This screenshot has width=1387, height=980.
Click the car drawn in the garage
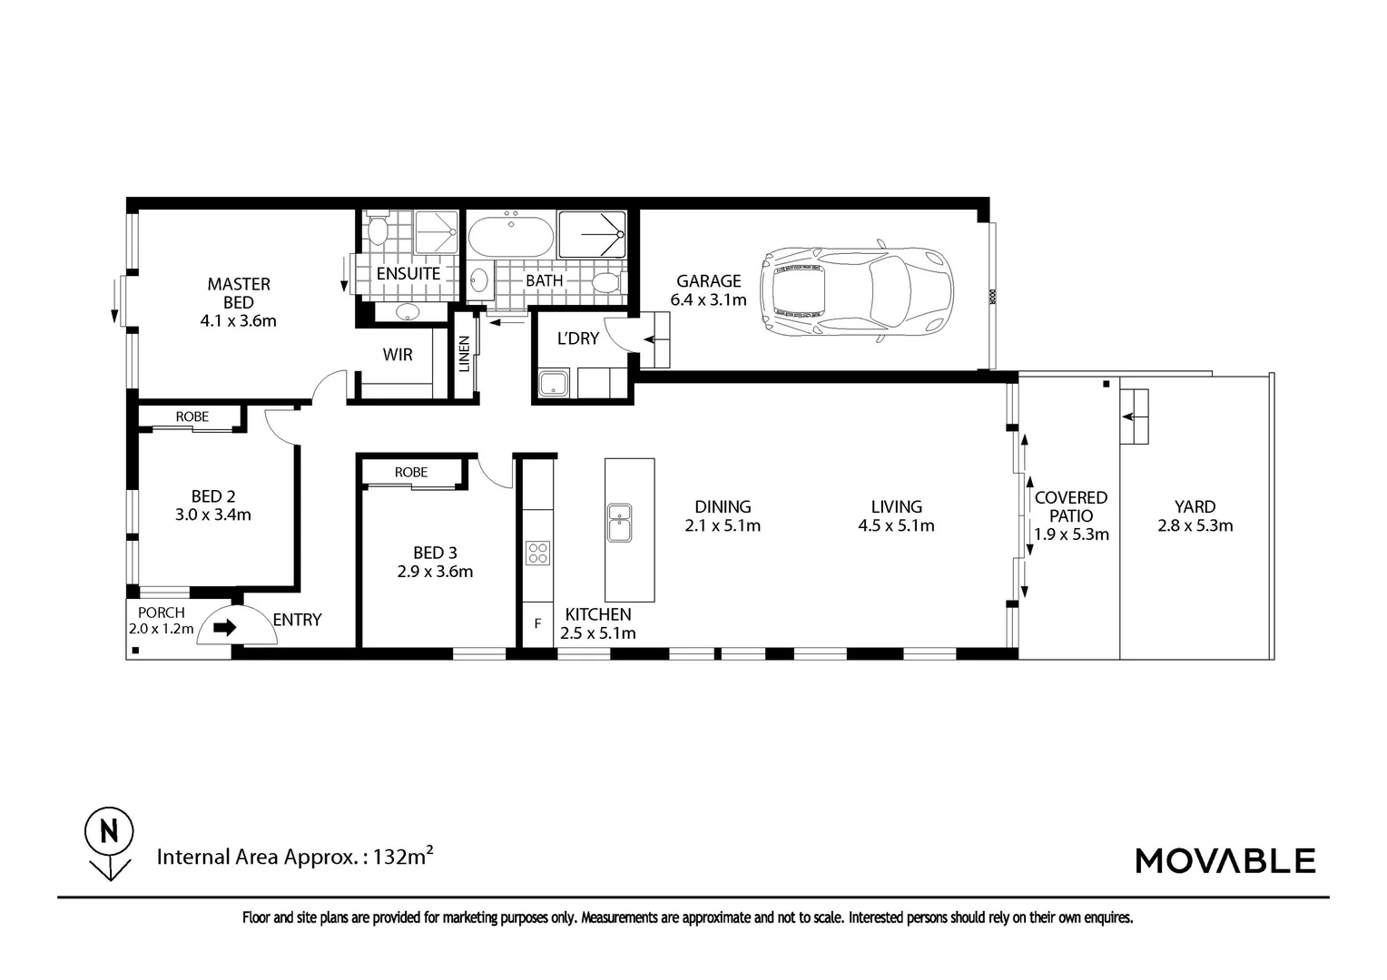[856, 291]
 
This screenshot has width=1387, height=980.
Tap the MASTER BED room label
[239, 293]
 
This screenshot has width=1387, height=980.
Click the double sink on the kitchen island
[619, 523]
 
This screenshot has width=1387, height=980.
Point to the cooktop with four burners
[537, 554]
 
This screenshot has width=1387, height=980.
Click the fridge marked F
[537, 624]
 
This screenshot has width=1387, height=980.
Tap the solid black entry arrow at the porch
[225, 628]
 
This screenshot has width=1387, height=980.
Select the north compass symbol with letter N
[110, 843]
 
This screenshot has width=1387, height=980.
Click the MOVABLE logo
[1225, 860]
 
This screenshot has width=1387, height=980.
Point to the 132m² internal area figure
[402, 857]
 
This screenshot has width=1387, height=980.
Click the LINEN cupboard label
[464, 354]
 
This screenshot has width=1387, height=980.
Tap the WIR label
[398, 355]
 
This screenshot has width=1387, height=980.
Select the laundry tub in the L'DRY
[554, 383]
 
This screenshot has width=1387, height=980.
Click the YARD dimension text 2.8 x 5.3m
[1195, 525]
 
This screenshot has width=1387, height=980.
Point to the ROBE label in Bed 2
[192, 416]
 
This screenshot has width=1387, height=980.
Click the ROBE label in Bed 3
[411, 473]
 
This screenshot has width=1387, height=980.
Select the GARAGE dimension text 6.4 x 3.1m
[708, 300]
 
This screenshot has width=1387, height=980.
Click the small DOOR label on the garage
[991, 297]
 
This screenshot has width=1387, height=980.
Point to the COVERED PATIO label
[1071, 506]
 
